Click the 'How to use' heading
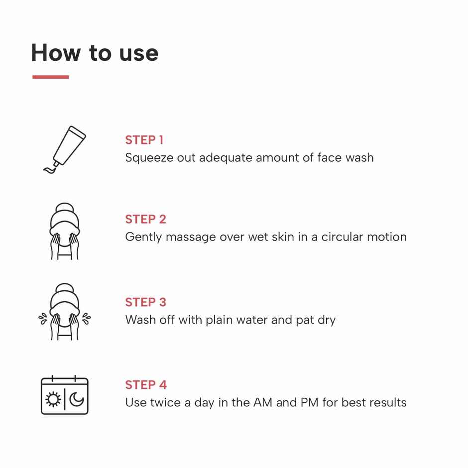[95, 53]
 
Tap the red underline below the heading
[50, 77]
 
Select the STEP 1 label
[144, 140]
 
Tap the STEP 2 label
[145, 219]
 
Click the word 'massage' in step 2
[191, 237]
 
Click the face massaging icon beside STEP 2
[65, 231]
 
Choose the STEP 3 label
[145, 302]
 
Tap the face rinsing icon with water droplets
[65, 312]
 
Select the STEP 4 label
[146, 385]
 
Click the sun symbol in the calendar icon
[53, 399]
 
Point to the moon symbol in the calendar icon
[77, 399]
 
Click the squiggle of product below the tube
[51, 169]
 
